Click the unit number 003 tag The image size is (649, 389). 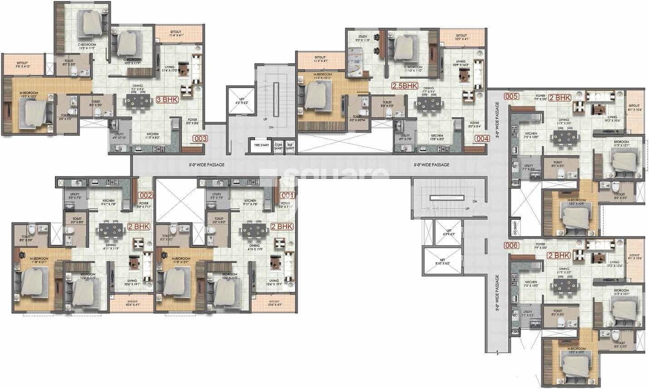point(200,139)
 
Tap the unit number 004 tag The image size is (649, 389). point(481,139)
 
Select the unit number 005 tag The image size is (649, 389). point(512,96)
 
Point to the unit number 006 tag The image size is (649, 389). point(512,246)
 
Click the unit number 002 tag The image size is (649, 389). point(146,196)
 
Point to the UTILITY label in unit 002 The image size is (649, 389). point(74,196)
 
